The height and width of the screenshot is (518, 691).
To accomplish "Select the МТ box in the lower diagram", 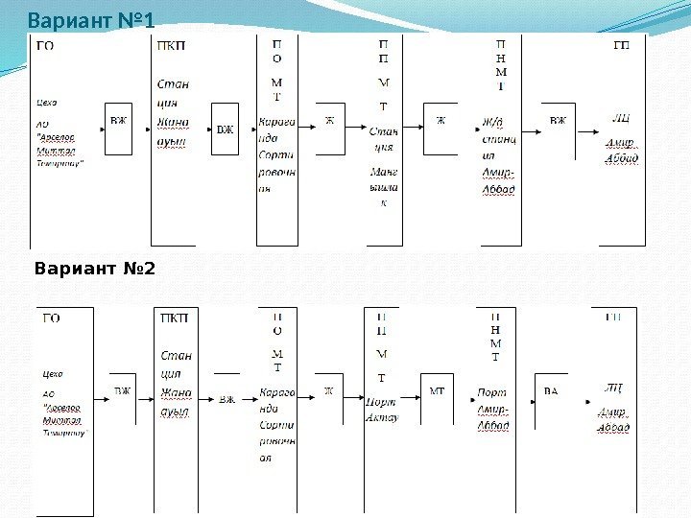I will [437, 391].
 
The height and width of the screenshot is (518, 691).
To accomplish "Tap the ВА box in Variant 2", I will [551, 391].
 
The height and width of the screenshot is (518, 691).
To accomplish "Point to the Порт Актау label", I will [381, 411].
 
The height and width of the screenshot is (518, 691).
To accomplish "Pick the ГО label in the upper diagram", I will [45, 45].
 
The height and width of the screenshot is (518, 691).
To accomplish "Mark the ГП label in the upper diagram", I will [621, 45].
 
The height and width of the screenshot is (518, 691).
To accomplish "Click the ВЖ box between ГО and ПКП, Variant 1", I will [118, 122].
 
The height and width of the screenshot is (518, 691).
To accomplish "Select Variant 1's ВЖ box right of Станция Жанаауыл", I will [226, 129].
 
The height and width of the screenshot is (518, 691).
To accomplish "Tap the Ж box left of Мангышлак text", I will [329, 121].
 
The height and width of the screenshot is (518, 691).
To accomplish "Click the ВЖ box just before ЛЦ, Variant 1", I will [558, 122].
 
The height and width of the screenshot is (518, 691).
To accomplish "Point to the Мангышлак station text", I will [384, 186].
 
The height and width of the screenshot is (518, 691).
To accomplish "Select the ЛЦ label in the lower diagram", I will [613, 388].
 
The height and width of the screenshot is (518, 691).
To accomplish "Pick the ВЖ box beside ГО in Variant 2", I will [123, 391].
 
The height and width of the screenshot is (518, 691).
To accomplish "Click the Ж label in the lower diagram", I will [328, 390].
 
